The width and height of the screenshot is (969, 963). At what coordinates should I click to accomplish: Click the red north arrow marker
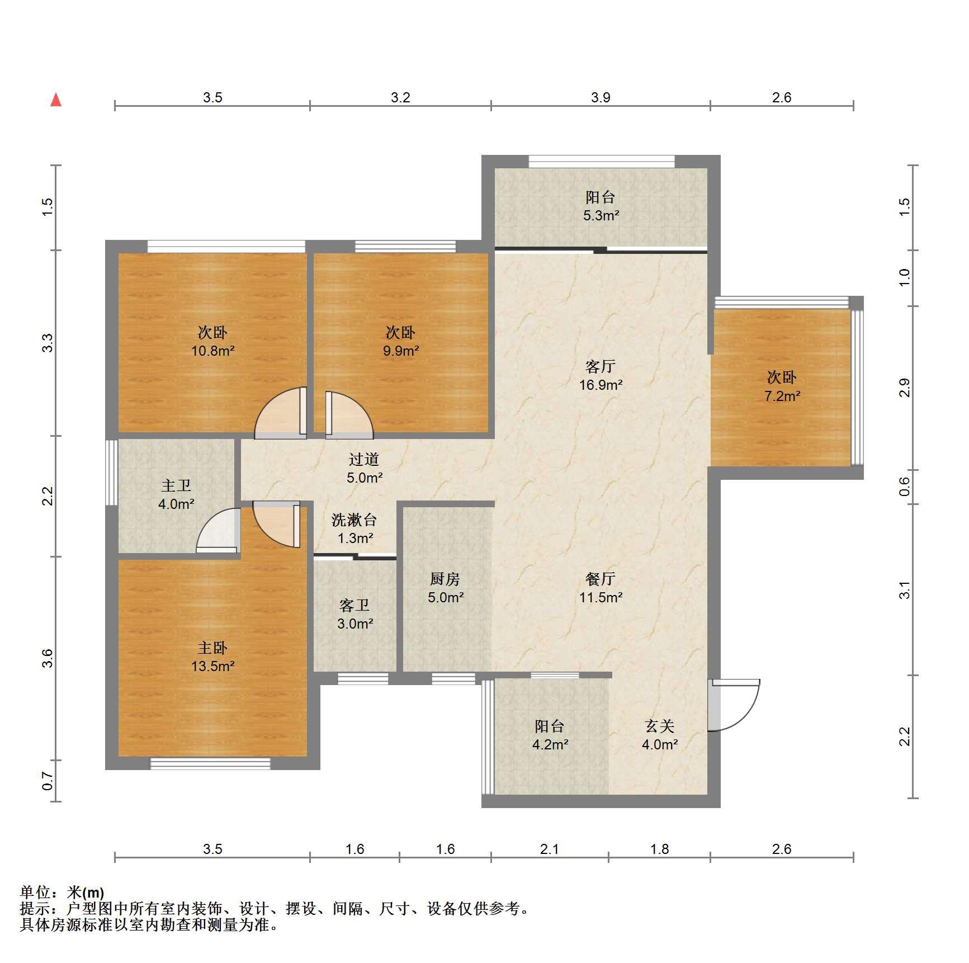(x=56, y=100)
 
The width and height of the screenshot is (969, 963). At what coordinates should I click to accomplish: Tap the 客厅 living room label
(x=601, y=366)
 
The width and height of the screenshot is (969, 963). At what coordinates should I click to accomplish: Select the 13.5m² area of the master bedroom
(x=212, y=666)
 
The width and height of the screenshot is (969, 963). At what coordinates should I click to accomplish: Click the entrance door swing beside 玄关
(x=734, y=705)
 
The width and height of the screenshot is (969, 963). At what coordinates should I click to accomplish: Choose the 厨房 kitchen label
(x=445, y=579)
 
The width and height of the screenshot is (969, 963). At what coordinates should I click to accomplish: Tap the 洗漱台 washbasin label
(x=354, y=520)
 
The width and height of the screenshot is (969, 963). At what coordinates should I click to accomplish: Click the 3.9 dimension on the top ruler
(x=601, y=98)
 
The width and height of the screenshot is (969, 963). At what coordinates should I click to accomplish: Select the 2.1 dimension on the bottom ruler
(x=550, y=849)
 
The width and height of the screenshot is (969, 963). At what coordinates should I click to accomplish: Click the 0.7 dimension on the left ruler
(x=48, y=781)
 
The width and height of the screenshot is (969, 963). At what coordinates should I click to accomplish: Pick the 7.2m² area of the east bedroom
(x=782, y=396)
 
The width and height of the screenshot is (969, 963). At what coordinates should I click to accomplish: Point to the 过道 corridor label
(x=364, y=459)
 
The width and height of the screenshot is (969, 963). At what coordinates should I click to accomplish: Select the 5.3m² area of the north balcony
(x=601, y=215)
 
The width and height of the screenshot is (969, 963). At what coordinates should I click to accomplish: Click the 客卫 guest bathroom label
(x=354, y=605)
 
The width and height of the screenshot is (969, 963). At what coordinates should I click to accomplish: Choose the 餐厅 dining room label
(x=601, y=579)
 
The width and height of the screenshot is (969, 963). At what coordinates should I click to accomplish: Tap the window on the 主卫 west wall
(x=111, y=473)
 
